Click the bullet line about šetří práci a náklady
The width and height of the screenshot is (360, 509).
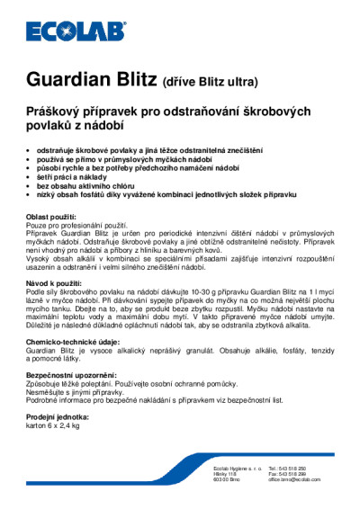[x=82, y=177]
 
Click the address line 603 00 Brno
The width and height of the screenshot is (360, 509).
[x=226, y=480]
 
